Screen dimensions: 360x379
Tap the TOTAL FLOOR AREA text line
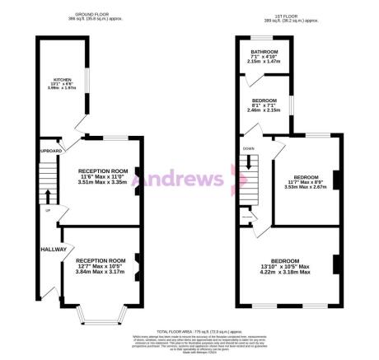189,328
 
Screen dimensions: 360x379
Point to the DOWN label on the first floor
248,149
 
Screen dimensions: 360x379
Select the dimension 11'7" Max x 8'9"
306,181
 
